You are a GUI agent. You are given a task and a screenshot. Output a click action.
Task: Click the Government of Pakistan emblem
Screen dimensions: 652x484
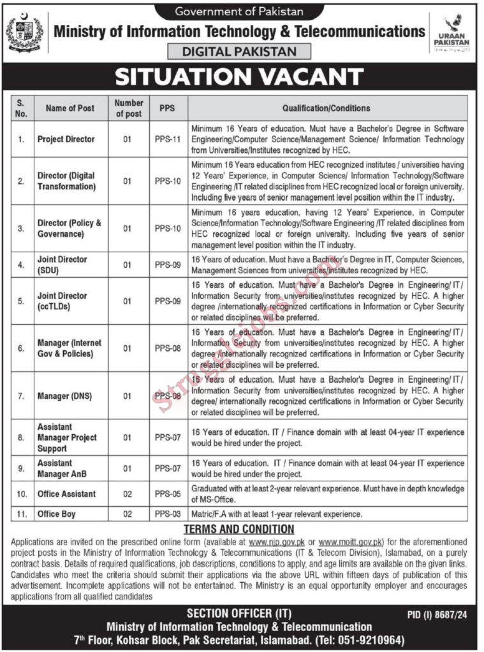(x=25, y=33)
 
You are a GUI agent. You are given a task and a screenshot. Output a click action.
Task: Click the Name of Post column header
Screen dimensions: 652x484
(x=70, y=108)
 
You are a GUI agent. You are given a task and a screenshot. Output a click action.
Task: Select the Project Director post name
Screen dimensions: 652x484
(x=66, y=139)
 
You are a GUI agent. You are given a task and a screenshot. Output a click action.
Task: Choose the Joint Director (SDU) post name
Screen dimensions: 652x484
(x=62, y=264)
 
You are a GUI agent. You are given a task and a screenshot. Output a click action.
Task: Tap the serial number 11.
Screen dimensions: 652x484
(x=21, y=514)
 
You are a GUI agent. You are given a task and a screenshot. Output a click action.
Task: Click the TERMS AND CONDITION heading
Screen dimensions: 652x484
(x=238, y=529)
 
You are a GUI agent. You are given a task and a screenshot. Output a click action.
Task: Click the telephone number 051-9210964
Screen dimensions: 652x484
(x=369, y=639)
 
